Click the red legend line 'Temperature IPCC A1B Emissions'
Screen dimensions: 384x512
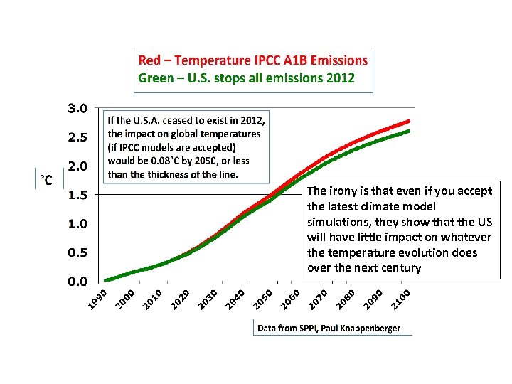click(x=252, y=60)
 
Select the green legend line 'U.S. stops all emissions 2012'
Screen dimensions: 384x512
click(x=246, y=78)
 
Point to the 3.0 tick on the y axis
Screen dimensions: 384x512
click(x=78, y=109)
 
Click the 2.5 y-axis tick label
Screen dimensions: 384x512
click(x=78, y=137)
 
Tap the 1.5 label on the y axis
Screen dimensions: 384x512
click(x=78, y=195)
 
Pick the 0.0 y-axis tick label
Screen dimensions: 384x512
click(x=78, y=281)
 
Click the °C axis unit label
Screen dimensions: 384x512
click(x=46, y=180)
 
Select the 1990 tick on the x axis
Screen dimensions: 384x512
click(x=97, y=299)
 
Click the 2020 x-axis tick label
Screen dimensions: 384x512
click(x=180, y=299)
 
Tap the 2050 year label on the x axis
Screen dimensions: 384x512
click(x=263, y=299)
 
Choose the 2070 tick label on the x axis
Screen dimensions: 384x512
click(x=318, y=299)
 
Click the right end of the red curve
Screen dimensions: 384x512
click(x=409, y=121)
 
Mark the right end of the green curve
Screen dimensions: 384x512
click(x=409, y=131)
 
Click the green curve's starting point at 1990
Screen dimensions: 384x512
click(x=107, y=279)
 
